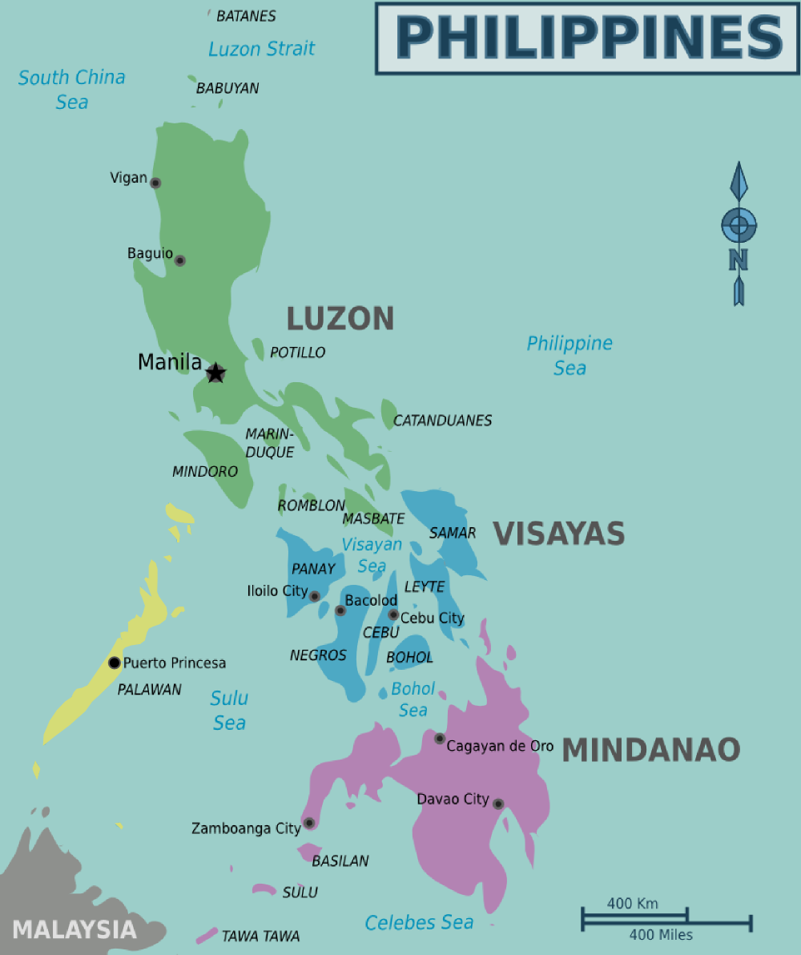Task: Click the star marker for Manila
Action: [x=215, y=373]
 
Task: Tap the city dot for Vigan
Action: [x=155, y=183]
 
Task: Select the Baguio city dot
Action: [x=180, y=260]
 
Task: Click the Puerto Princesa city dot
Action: [x=115, y=663]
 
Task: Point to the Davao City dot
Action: [x=498, y=804]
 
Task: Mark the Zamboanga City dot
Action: [x=309, y=823]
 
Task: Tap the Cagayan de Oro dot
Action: [x=440, y=738]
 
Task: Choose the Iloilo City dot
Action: [x=315, y=596]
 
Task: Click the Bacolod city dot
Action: [x=340, y=610]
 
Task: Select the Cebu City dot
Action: [x=393, y=615]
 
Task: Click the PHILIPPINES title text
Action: [x=589, y=38]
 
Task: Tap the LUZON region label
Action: [x=340, y=319]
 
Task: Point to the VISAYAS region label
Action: [x=558, y=534]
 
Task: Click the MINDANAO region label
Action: [x=650, y=750]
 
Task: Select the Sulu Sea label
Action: [x=229, y=711]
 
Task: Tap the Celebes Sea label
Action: [x=419, y=923]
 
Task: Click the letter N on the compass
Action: [x=739, y=260]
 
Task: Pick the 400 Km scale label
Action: [x=633, y=904]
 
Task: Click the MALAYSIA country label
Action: [x=74, y=929]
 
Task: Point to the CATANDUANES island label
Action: [x=442, y=421]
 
